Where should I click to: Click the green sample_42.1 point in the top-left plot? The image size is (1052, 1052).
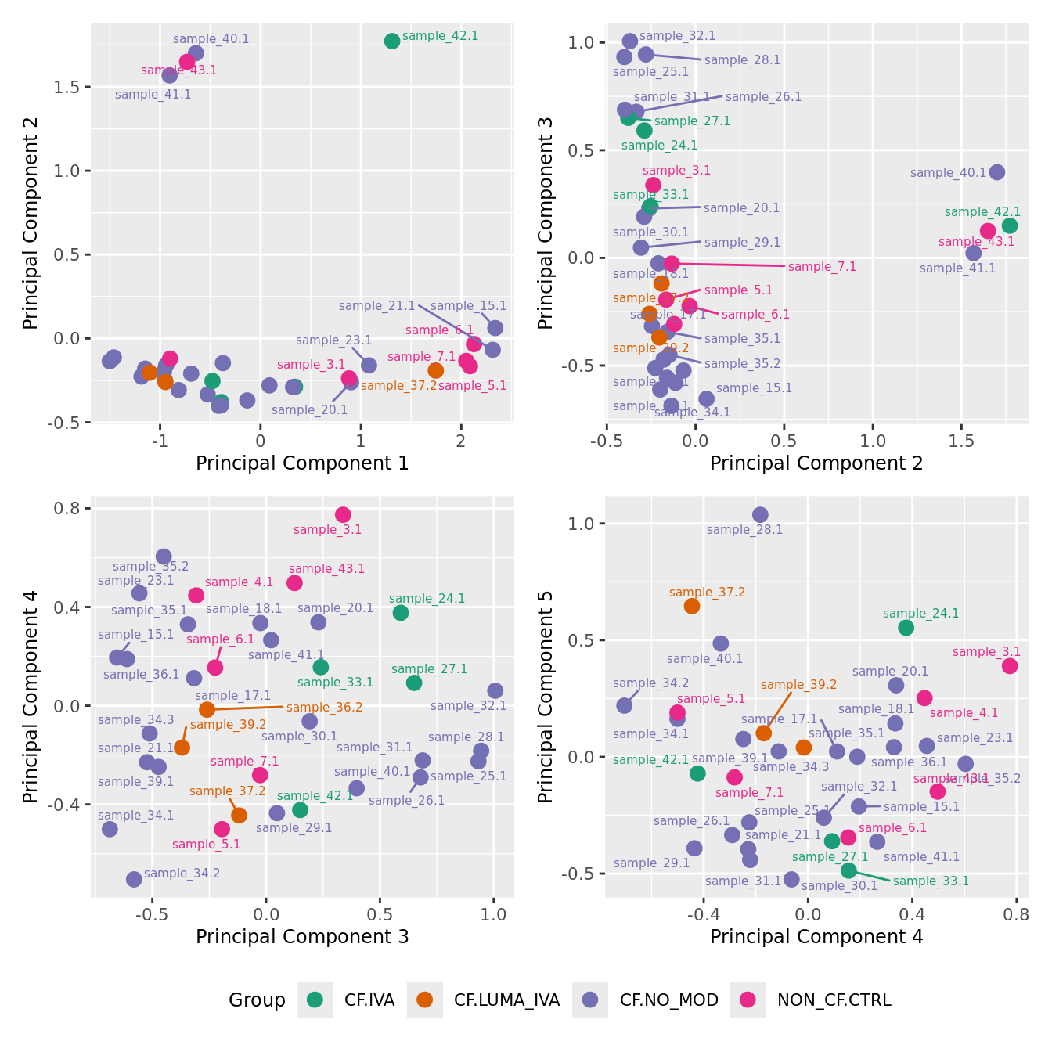tap(392, 41)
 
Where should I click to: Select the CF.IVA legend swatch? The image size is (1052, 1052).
tap(315, 1000)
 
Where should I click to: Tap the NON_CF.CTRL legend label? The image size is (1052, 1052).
tap(834, 1000)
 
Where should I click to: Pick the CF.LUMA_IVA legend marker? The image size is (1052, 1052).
tap(425, 1000)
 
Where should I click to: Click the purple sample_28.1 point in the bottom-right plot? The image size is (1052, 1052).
tap(760, 514)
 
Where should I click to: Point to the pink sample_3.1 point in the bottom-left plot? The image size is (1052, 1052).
tap(343, 514)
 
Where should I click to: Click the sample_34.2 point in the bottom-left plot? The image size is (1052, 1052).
tap(134, 879)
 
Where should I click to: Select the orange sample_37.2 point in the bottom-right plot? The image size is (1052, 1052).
tap(692, 606)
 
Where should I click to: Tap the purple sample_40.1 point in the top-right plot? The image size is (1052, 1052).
tap(996, 172)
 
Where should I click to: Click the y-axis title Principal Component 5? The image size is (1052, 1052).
tap(546, 696)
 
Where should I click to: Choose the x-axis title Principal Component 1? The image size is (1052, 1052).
tap(302, 463)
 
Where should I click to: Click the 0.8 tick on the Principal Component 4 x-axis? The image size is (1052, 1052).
tap(1016, 913)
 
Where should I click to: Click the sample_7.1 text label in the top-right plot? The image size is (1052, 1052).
tap(822, 267)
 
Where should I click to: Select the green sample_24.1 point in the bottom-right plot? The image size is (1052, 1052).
tap(906, 627)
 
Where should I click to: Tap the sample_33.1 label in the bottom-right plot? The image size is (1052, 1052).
tap(931, 881)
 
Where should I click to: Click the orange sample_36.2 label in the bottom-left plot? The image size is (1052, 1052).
tap(324, 708)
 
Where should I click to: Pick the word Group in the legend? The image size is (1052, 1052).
tap(257, 1000)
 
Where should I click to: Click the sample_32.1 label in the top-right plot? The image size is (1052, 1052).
tap(677, 36)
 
